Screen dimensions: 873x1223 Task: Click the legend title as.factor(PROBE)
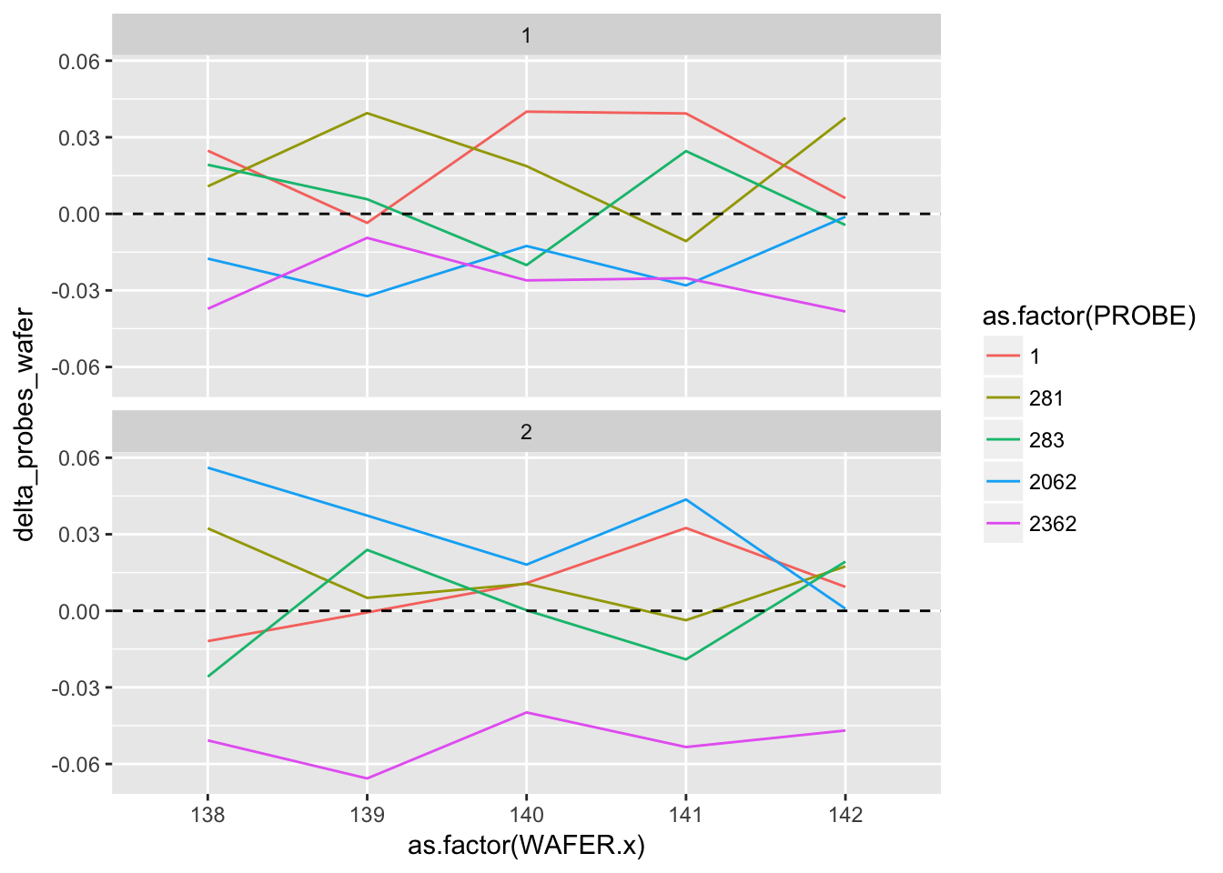pyautogui.click(x=1088, y=316)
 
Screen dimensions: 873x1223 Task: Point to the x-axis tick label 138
pyautogui.click(x=207, y=815)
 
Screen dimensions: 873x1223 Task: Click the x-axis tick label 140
pyautogui.click(x=526, y=815)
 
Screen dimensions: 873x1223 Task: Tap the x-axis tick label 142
pyautogui.click(x=845, y=815)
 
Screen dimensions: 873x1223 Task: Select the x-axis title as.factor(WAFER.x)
pyautogui.click(x=526, y=847)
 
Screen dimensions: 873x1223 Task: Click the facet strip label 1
pyautogui.click(x=526, y=36)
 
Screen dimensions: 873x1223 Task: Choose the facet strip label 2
pyautogui.click(x=526, y=433)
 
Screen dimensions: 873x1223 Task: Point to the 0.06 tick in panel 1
pyautogui.click(x=79, y=61)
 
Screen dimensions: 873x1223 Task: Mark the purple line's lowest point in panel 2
pyautogui.click(x=367, y=778)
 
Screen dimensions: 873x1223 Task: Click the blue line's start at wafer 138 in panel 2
pyautogui.click(x=207, y=467)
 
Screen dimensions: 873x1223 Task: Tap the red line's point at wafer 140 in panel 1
pyautogui.click(x=526, y=112)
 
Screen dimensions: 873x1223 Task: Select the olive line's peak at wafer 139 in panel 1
pyautogui.click(x=367, y=113)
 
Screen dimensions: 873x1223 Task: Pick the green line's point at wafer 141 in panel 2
pyautogui.click(x=685, y=659)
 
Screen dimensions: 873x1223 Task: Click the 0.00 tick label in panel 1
pyautogui.click(x=79, y=215)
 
